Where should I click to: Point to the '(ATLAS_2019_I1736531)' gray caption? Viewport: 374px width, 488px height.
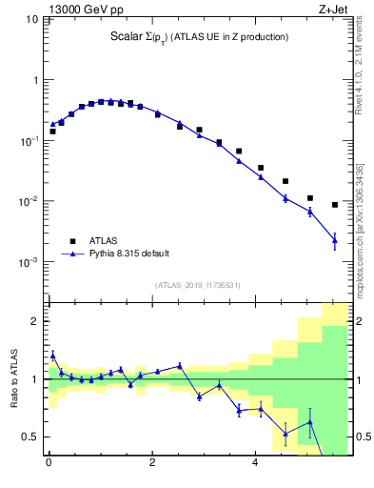[198, 284]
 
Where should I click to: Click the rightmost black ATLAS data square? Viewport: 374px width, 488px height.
[335, 205]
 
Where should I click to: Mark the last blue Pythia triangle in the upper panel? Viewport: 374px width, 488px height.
[335, 240]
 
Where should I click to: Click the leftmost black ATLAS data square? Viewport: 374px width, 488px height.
[52, 132]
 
